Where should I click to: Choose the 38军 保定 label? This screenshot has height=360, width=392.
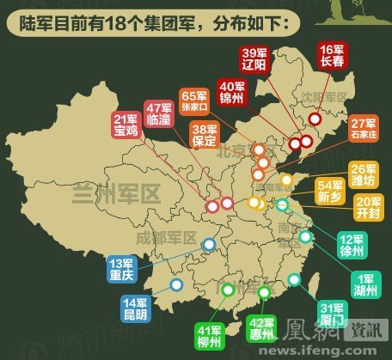tap(205, 135)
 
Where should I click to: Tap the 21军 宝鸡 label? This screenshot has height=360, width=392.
tap(126, 125)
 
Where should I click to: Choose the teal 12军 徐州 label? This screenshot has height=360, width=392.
tap(352, 247)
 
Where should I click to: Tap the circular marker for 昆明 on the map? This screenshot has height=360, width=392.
tap(176, 284)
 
